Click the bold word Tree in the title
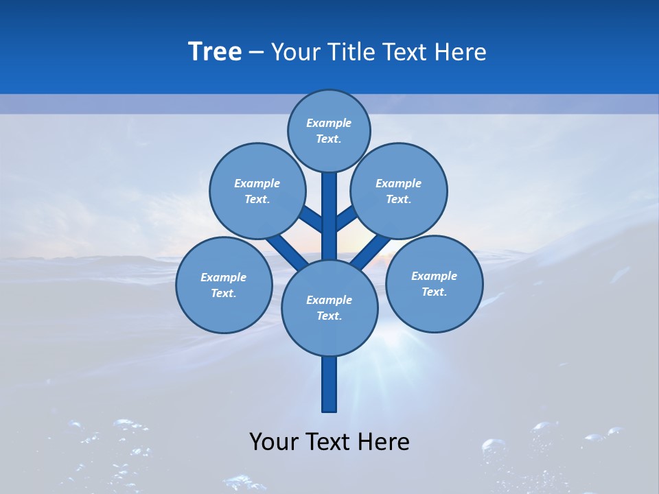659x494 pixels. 215,51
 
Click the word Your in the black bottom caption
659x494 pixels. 273,442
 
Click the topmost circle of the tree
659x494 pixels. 329,130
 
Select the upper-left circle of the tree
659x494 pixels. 257,191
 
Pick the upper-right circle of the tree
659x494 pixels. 399,191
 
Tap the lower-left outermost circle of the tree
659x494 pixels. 224,285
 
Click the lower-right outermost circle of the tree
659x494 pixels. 435,283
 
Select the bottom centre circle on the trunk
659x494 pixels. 329,307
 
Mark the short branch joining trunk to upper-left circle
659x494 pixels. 310,219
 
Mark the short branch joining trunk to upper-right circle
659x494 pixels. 347,218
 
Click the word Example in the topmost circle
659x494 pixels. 329,123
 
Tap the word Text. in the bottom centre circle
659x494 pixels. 329,316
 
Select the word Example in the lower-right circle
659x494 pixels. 434,276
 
